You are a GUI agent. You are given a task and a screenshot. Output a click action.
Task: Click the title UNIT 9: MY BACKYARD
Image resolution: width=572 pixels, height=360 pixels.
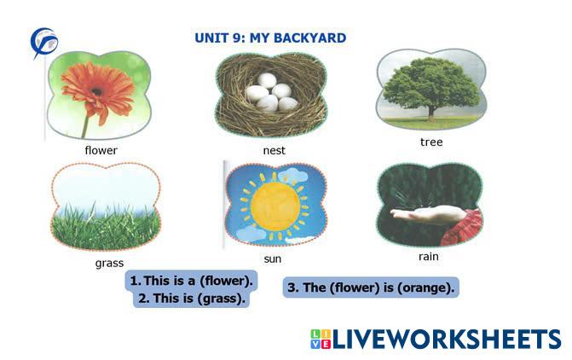click(x=270, y=38)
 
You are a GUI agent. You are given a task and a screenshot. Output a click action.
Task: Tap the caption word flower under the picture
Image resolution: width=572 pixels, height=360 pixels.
click(x=101, y=150)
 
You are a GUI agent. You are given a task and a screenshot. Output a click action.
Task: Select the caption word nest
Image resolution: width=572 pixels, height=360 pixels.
click(x=274, y=150)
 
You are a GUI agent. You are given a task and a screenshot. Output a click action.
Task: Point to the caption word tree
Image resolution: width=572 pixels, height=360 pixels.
click(x=431, y=142)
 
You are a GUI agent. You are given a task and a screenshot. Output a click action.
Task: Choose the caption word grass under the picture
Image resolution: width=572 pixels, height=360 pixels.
click(x=109, y=263)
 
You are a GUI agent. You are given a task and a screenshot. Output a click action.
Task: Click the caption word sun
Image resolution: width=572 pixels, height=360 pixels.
click(x=273, y=258)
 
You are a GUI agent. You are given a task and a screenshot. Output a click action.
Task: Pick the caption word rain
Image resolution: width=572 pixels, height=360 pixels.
click(x=428, y=256)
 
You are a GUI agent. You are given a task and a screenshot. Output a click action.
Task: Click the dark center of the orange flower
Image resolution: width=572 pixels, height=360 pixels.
click(x=96, y=91)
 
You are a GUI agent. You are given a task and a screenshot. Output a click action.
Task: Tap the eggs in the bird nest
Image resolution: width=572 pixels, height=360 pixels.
click(x=272, y=92)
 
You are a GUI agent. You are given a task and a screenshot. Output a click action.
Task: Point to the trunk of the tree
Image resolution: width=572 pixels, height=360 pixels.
click(x=431, y=113)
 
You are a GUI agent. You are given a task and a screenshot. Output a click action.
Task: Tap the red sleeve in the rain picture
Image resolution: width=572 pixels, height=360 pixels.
click(x=463, y=228)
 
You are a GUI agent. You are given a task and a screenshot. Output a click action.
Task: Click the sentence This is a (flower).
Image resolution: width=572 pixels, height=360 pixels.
click(x=192, y=281)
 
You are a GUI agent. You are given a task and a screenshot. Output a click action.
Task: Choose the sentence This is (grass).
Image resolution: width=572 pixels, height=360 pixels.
click(x=192, y=299)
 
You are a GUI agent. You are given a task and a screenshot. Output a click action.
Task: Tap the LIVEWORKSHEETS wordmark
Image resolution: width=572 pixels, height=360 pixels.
click(x=447, y=339)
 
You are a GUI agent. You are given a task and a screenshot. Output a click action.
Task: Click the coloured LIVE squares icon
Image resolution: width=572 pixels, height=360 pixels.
click(x=321, y=340)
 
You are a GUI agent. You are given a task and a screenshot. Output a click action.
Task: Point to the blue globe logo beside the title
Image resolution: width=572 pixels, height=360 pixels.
click(x=43, y=42)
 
